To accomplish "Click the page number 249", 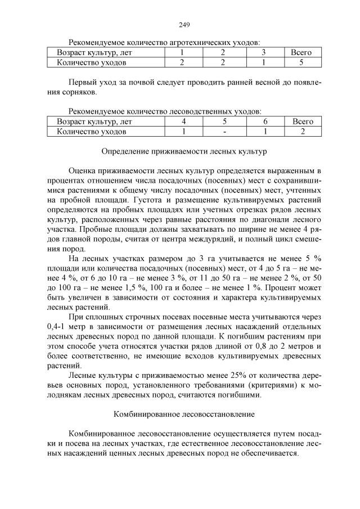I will click(184, 25).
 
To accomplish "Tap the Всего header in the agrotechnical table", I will click(300, 52).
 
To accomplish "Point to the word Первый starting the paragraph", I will click(81, 82).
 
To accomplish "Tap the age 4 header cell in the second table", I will click(183, 121).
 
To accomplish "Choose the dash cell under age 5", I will click(224, 132).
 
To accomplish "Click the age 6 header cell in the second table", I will click(264, 121).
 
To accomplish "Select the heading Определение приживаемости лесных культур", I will click(184, 151).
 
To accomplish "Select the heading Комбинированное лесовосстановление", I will click(184, 415).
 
